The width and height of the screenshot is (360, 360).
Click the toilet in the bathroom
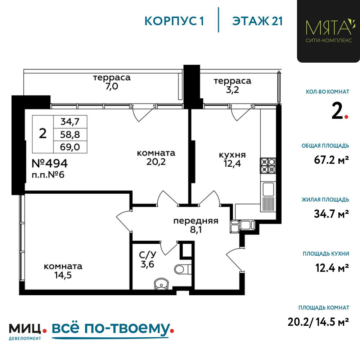coord(183,269)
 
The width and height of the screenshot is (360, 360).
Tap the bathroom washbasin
coord(161,284)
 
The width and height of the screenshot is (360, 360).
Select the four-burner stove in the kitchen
coord(268,165)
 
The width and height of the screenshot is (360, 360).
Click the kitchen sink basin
coord(268,189)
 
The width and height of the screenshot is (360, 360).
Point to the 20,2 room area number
coord(156,162)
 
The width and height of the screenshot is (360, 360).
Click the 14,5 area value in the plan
coord(63,275)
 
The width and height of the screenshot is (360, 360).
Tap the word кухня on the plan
coord(232,155)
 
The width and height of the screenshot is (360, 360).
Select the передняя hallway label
coord(195,221)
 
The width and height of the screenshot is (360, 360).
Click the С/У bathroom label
coord(147,255)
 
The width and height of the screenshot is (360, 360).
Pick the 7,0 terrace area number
coord(112,86)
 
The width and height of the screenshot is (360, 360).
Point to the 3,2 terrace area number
coord(232,90)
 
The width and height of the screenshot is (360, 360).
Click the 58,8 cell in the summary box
coord(70,135)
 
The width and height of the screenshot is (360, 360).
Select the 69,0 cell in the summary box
coord(70,147)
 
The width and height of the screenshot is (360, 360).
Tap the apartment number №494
coord(50,163)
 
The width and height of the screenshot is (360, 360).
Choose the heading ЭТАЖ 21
coord(257,21)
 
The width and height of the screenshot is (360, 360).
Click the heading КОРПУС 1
coord(174,21)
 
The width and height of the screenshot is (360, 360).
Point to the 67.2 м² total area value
coord(332,160)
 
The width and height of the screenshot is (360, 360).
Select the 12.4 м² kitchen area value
coord(332,268)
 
